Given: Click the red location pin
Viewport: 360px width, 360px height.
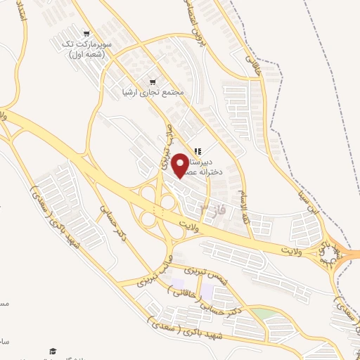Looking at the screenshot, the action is click(x=179, y=165).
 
